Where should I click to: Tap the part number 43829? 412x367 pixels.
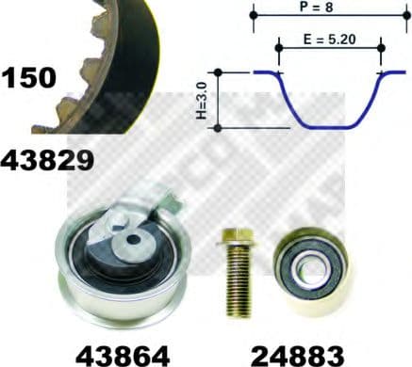click(48, 161)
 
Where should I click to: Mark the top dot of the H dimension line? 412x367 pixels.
click(218, 72)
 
